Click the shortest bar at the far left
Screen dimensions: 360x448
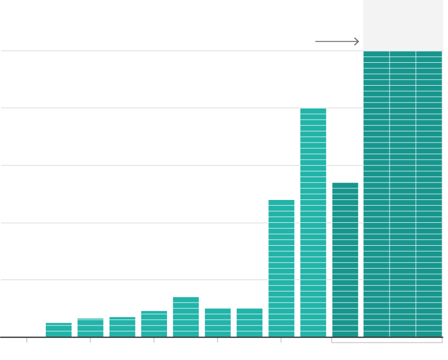point(58,330)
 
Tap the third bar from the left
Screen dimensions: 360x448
point(122,327)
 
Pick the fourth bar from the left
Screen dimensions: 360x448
point(154,324)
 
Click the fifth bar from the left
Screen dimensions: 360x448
point(186,317)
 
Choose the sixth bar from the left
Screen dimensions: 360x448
point(218,323)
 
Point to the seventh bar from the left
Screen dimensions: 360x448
point(249,323)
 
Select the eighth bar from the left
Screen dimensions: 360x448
point(281,268)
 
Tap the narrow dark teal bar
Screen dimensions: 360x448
point(345,260)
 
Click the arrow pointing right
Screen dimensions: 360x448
point(337,41)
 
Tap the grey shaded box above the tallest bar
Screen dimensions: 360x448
point(403,24)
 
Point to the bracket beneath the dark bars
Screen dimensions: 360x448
point(387,342)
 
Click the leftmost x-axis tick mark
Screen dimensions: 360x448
point(27,340)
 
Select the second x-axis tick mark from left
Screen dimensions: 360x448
point(90,340)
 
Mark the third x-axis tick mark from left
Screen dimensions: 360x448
point(154,340)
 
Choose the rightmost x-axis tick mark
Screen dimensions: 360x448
point(281,340)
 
